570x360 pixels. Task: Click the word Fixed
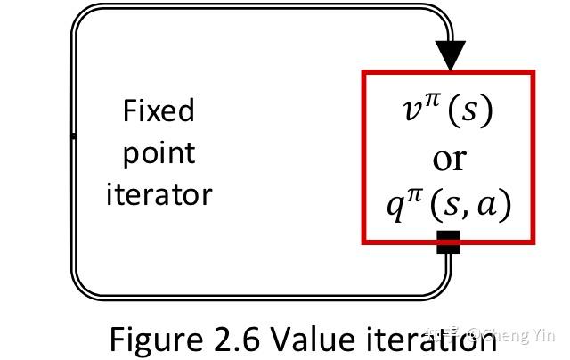159,110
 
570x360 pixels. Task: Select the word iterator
159,194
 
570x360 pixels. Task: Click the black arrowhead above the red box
451,54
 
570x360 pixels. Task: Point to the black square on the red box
449,241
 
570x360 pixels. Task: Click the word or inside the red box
449,160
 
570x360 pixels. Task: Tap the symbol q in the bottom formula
395,208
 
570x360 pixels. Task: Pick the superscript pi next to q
413,195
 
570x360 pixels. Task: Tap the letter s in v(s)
468,110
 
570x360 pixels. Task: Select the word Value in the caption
313,340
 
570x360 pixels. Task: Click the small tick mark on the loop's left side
73,136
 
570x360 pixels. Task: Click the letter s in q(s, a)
452,207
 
